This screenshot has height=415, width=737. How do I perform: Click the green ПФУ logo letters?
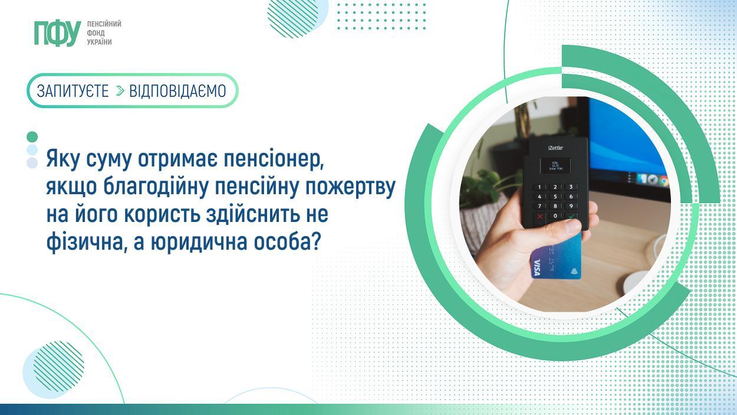click(x=58, y=33)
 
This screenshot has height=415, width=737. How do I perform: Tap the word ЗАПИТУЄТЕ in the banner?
click(x=73, y=92)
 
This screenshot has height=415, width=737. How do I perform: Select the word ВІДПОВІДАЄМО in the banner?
click(x=177, y=92)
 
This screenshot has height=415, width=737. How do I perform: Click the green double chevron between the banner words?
click(x=120, y=92)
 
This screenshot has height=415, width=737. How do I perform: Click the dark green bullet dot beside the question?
click(x=32, y=137)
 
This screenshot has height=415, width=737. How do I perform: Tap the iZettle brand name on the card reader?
click(x=555, y=148)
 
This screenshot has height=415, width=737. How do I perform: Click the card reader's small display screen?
click(x=555, y=165)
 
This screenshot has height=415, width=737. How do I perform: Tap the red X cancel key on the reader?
click(x=540, y=217)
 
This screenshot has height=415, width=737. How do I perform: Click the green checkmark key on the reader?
click(x=571, y=217)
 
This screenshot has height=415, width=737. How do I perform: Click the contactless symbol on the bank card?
click(x=574, y=272)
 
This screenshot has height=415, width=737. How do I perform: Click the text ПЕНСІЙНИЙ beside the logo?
click(x=104, y=24)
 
